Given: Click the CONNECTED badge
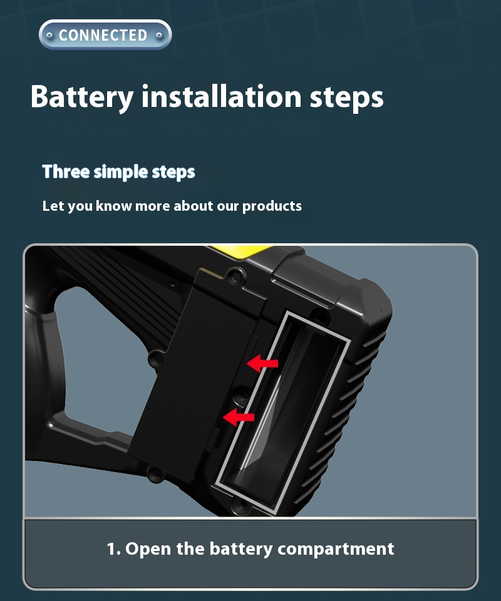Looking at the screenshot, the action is (105, 35).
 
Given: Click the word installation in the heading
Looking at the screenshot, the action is (222, 96).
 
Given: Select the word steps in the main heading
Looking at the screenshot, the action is (347, 98).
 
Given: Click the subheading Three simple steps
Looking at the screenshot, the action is (118, 172).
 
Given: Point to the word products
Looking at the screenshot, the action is (272, 206).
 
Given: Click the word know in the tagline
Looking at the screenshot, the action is (113, 206).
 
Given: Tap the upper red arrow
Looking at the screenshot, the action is (262, 363).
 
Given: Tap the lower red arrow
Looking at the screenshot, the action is (239, 417).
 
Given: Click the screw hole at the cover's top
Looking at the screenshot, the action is (235, 275).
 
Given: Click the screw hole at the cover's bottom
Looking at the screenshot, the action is (156, 474).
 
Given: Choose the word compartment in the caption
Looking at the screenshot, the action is (336, 550).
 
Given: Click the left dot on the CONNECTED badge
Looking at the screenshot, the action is (49, 35).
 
